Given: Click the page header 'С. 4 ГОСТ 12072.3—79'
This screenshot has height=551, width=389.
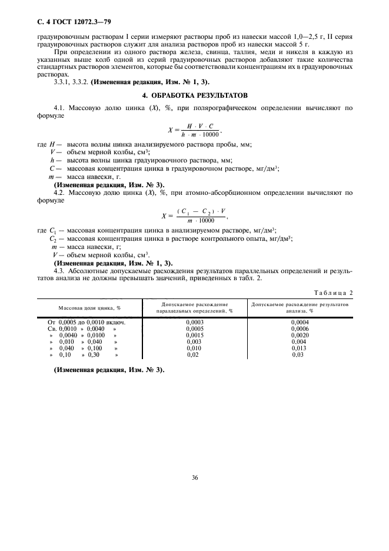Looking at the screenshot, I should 71,22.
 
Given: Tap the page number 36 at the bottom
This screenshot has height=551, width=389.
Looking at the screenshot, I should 194,477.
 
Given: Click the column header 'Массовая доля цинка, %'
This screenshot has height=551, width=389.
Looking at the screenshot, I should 89,307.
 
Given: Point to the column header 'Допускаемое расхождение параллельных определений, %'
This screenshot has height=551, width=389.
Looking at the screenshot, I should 194,307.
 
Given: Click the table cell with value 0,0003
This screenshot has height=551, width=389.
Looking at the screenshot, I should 194,323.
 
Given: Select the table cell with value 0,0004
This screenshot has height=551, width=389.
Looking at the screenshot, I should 300,323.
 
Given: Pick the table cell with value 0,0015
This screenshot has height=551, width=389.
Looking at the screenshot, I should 194,335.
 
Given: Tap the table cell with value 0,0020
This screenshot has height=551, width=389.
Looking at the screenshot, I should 300,335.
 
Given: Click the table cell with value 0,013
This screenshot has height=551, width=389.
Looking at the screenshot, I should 300,348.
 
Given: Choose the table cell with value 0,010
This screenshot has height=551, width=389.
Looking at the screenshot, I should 194,348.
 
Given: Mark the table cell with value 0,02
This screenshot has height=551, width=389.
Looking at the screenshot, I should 193,354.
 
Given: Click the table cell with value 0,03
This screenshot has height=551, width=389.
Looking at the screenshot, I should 298,354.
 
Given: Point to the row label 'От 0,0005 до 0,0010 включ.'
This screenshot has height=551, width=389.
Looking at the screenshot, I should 87,323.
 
